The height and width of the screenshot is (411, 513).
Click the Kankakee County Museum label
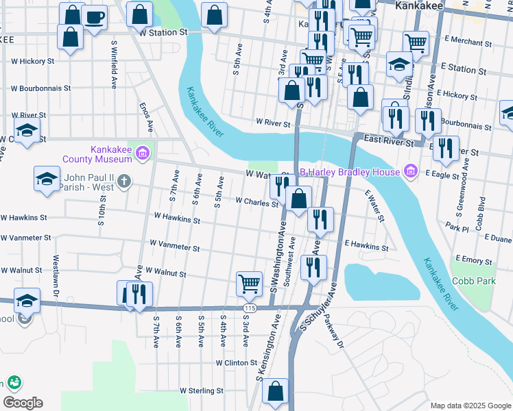point(111,154)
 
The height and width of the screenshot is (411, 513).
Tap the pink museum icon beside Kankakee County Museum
point(142,152)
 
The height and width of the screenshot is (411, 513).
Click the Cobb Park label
point(474,281)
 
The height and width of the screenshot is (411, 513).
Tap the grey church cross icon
point(123,182)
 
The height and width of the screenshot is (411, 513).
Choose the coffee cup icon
point(94,16)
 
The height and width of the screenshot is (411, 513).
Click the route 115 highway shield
point(249,309)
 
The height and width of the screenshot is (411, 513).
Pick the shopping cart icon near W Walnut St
point(249,282)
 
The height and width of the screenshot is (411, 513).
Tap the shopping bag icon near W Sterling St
point(275,391)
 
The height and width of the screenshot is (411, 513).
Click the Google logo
point(23,403)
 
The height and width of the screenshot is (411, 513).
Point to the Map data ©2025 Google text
point(470,406)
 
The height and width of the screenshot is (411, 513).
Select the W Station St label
point(163,32)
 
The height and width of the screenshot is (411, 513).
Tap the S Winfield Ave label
point(112,64)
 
